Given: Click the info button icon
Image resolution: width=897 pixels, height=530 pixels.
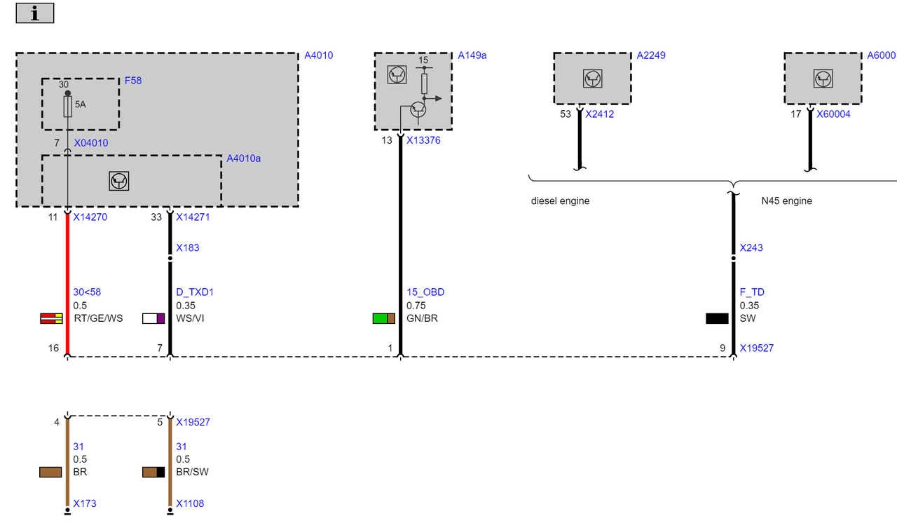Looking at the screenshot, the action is [35, 13].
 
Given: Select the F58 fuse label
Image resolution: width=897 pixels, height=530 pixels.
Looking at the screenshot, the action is [133, 81].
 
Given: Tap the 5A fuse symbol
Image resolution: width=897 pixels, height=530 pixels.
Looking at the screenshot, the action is [68, 106].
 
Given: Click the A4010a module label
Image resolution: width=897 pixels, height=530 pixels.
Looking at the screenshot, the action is [243, 158].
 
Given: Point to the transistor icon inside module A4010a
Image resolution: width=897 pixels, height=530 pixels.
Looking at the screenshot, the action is [119, 181].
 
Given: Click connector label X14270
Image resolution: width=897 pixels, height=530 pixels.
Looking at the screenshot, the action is [90, 217].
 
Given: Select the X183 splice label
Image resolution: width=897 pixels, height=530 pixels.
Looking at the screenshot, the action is [187, 247].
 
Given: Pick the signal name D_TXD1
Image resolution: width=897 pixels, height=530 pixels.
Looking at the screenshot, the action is [195, 292].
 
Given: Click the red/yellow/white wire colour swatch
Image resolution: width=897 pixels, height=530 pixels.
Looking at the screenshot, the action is [51, 318].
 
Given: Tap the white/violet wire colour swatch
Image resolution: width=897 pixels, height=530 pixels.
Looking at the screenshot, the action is [153, 318].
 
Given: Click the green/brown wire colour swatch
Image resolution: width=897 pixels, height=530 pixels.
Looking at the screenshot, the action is [383, 318].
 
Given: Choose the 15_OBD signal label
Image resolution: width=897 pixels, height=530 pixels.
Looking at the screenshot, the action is [425, 292].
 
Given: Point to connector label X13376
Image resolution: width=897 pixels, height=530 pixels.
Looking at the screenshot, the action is [423, 140].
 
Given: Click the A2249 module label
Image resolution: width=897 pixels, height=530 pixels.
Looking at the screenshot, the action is [651, 55].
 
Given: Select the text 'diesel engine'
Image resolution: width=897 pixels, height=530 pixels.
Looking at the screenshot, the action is [560, 201].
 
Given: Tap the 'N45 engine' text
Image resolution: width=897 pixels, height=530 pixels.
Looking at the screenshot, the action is [786, 201].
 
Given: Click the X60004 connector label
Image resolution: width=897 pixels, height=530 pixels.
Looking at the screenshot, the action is [833, 114].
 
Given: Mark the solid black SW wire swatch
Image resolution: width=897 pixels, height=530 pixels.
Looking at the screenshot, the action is [717, 318].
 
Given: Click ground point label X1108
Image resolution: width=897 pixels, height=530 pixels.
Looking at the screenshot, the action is [190, 503].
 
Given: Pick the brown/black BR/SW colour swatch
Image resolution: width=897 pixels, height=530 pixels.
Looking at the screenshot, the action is [153, 472].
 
